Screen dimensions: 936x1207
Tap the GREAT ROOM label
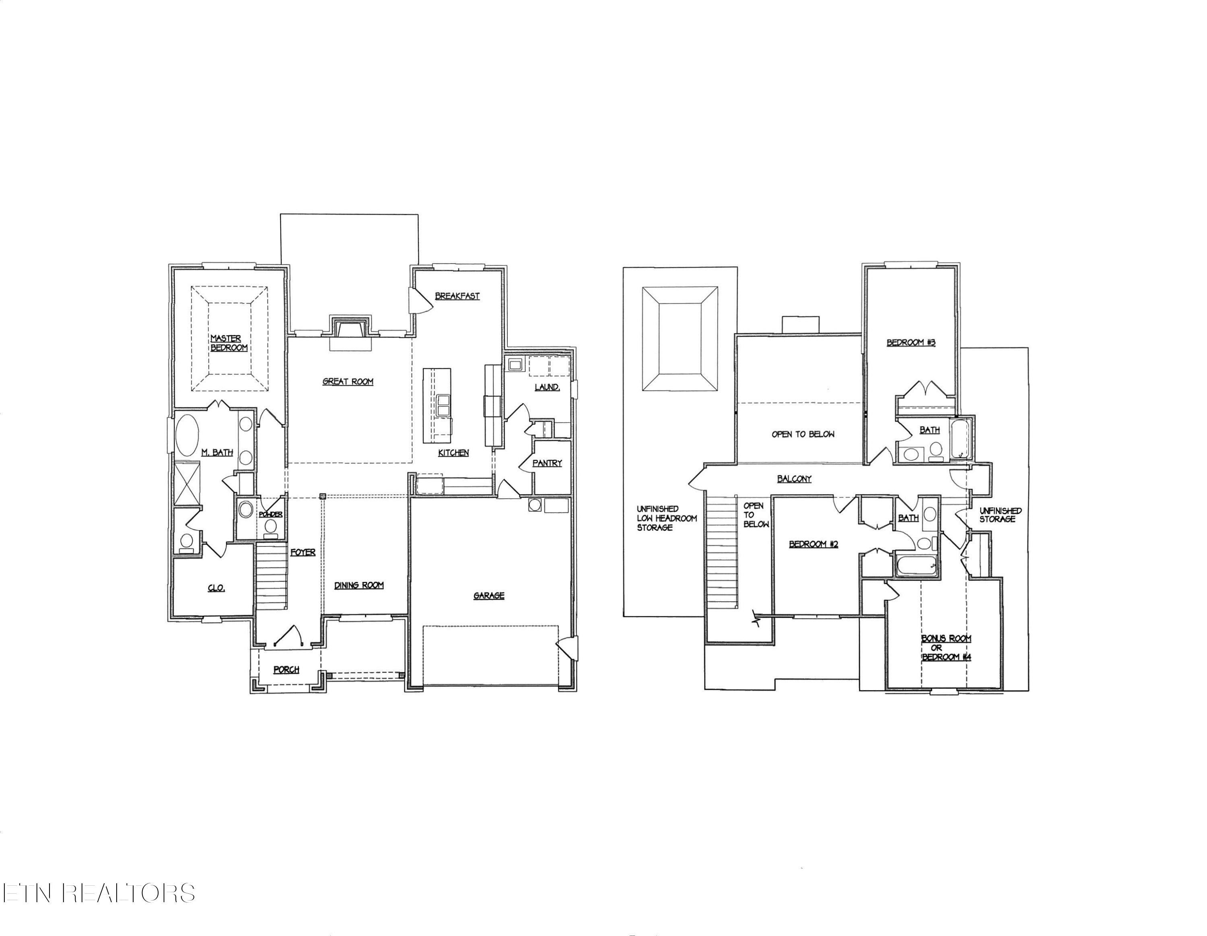(348, 381)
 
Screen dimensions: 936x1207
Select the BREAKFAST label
(457, 296)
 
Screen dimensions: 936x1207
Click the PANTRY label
(547, 463)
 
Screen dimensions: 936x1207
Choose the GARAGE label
(488, 596)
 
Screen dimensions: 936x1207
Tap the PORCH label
(286, 670)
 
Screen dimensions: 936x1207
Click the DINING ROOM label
(358, 585)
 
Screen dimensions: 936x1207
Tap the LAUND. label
(547, 387)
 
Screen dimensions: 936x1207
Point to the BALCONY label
(794, 479)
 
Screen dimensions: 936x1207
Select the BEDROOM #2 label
(814, 544)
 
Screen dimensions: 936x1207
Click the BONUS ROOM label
(946, 639)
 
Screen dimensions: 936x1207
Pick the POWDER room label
(271, 514)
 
